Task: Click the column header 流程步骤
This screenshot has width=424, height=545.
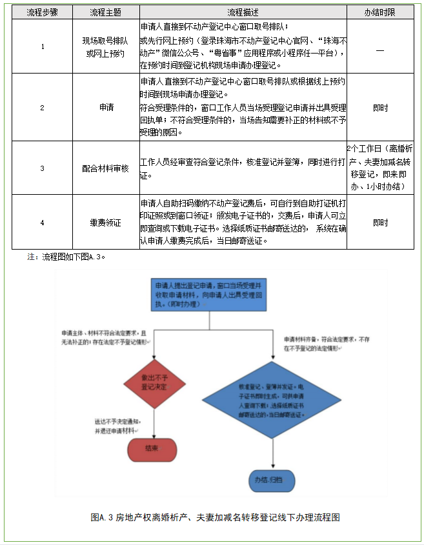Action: [x=43, y=13]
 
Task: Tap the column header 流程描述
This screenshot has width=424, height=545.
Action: [x=243, y=13]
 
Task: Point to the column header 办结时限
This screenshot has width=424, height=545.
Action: [x=380, y=13]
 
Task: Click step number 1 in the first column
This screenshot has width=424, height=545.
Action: [x=43, y=47]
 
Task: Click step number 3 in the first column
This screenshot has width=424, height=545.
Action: [x=43, y=168]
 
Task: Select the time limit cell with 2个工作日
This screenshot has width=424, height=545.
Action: [x=380, y=167]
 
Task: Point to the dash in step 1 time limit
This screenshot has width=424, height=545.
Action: [x=380, y=47]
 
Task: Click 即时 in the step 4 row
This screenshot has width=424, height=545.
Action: [x=380, y=223]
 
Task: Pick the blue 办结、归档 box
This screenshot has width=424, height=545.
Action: [x=274, y=480]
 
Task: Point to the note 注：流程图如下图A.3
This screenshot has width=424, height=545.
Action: [x=66, y=256]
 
